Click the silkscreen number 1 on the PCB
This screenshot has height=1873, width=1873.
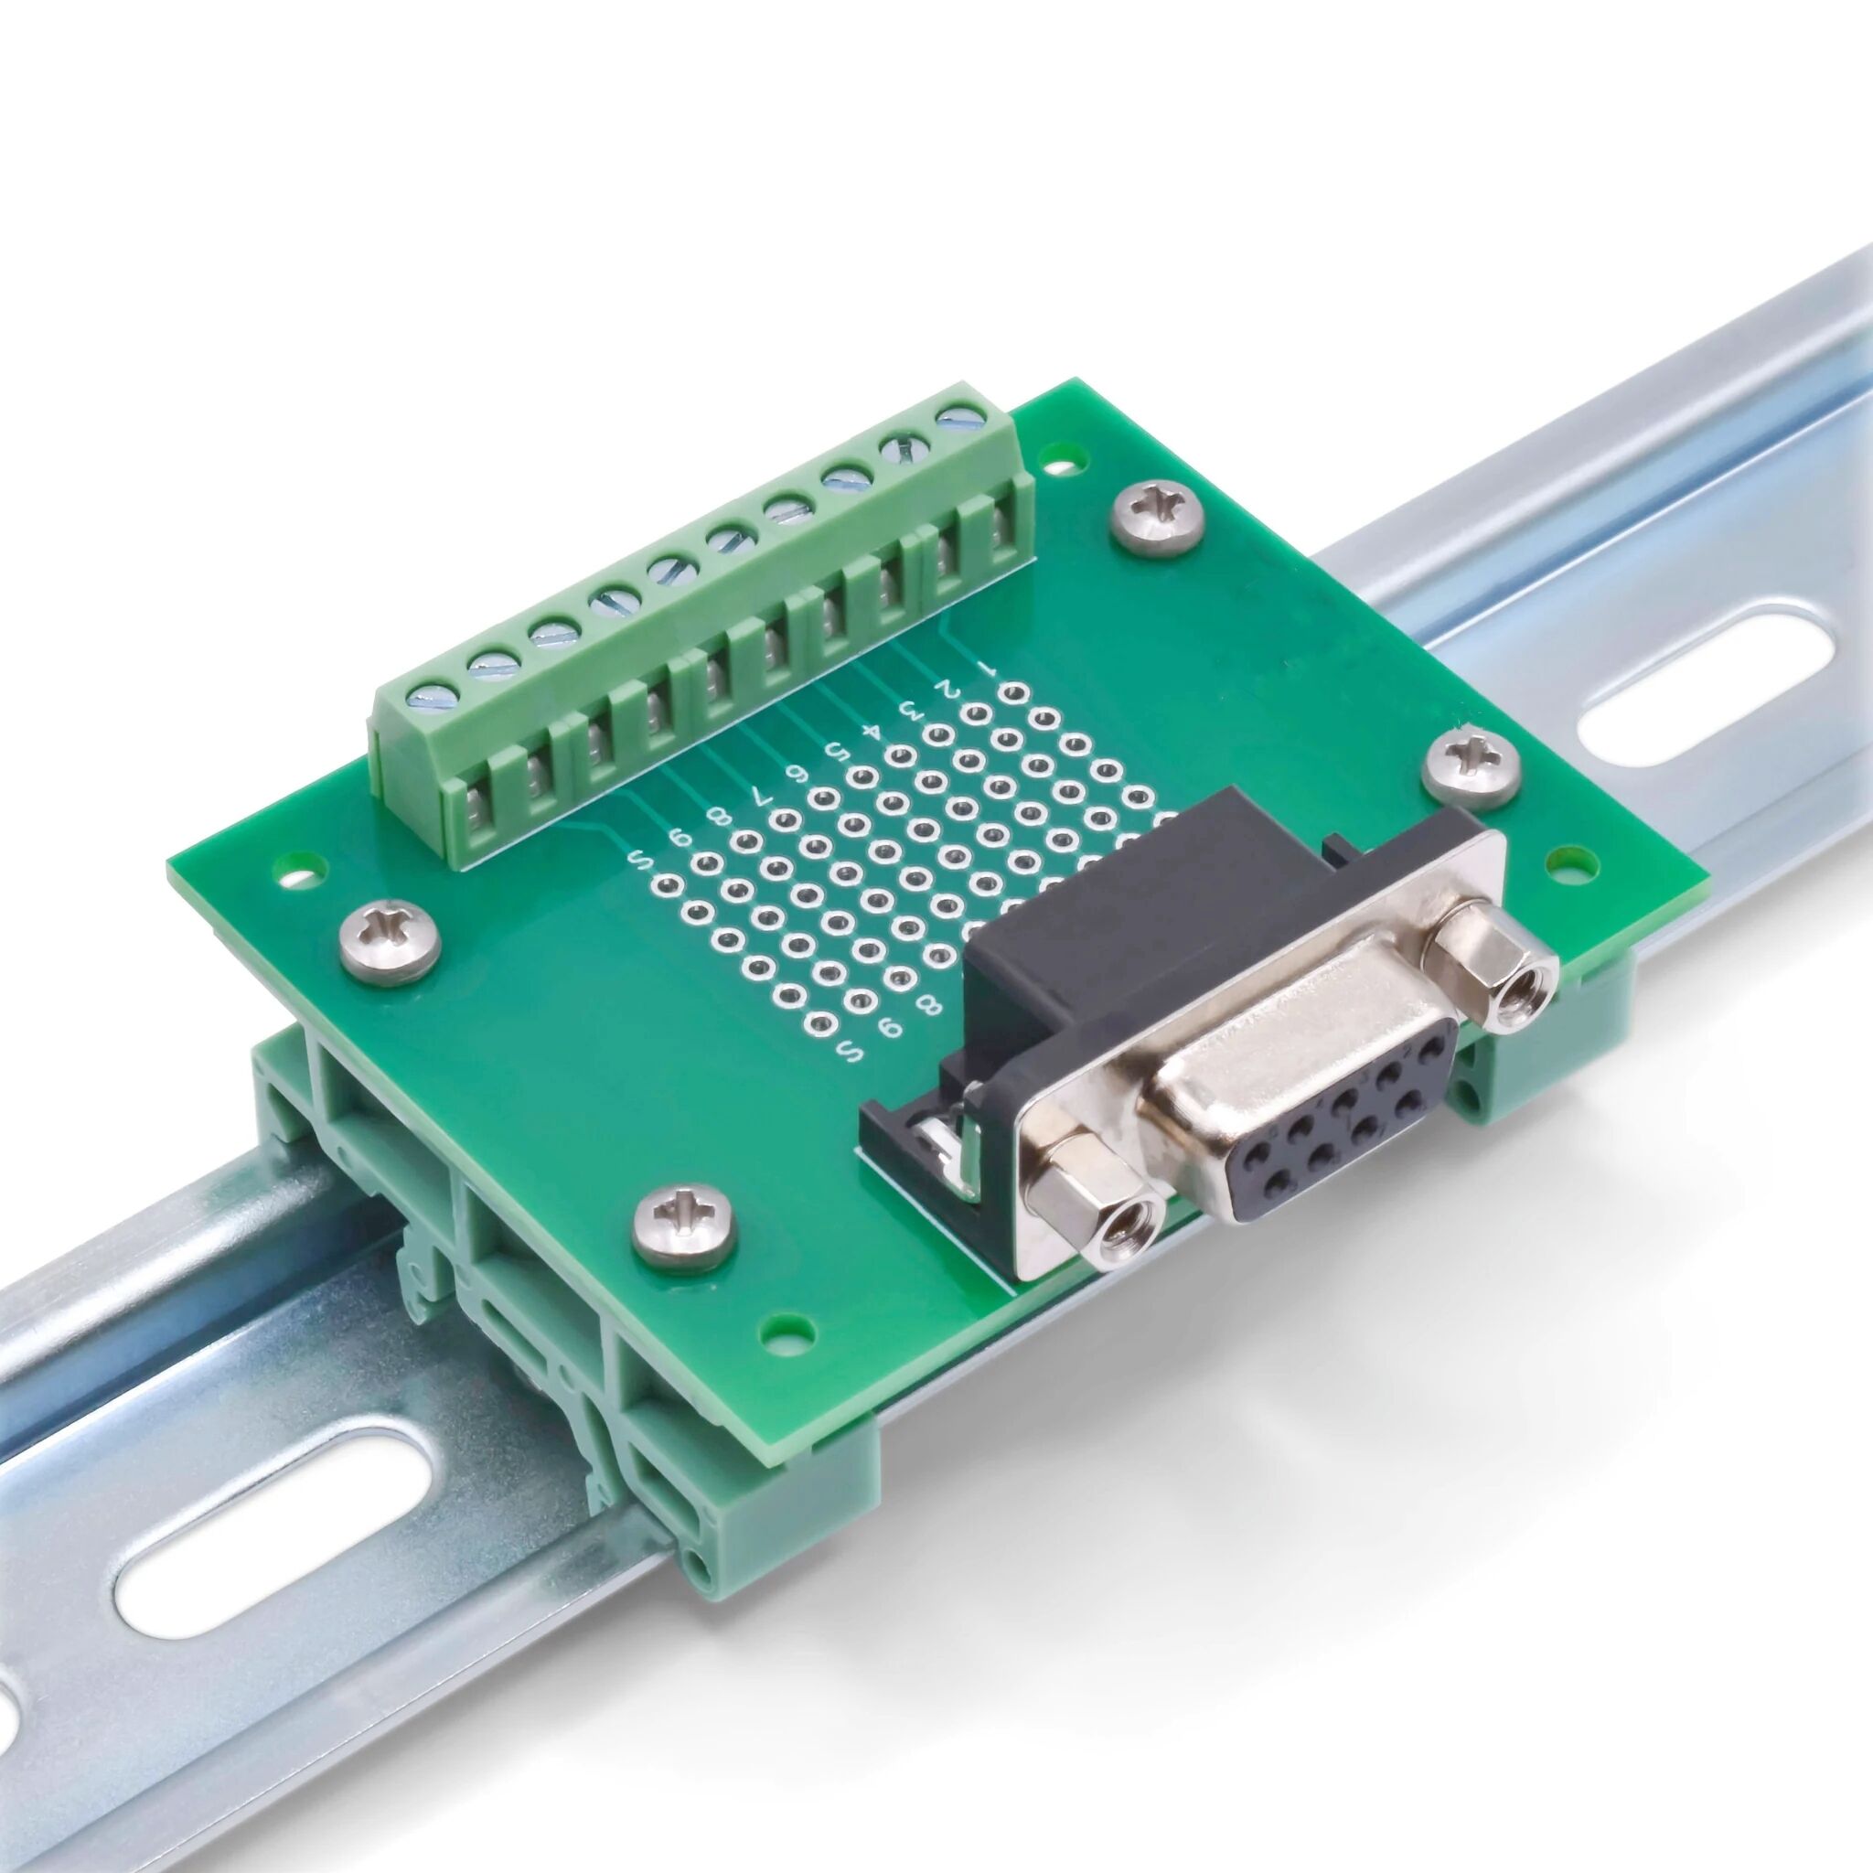tap(987, 669)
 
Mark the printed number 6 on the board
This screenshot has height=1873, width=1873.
tap(797, 773)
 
